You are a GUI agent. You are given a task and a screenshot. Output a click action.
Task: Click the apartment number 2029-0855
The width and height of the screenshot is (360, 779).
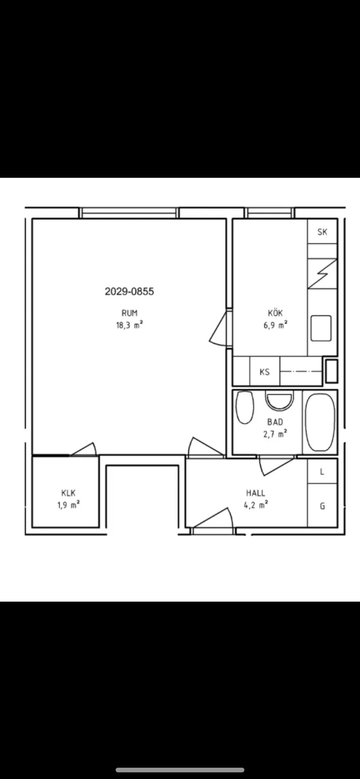click(x=129, y=291)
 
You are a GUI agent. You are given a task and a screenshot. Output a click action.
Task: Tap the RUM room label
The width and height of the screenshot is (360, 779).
click(x=130, y=313)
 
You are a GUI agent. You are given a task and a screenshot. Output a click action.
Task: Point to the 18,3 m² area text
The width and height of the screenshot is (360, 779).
click(x=130, y=325)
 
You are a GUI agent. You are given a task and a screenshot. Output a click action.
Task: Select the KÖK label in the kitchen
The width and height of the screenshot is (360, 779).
click(x=276, y=313)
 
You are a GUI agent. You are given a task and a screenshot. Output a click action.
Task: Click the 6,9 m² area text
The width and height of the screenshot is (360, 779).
click(x=275, y=325)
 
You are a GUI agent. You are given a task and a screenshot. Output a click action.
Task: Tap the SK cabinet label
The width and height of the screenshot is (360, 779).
click(x=322, y=232)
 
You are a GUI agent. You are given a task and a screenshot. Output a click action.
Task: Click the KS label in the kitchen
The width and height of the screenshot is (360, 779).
click(x=264, y=372)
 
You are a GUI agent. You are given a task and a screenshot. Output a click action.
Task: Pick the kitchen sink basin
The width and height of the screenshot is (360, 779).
click(x=321, y=328)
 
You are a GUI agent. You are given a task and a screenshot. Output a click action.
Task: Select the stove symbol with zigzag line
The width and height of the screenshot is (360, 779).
click(x=322, y=273)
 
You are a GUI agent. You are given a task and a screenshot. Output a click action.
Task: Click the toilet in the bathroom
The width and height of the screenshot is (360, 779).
click(x=244, y=407)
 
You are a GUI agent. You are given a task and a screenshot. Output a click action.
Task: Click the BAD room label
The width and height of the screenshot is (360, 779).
click(x=275, y=422)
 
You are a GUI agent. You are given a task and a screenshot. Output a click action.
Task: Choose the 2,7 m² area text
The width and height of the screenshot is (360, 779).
click(x=275, y=434)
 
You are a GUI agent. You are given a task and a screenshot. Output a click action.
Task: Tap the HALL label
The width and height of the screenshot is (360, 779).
click(x=256, y=493)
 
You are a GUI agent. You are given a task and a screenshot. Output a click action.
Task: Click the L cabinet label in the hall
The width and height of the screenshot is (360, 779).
click(x=322, y=472)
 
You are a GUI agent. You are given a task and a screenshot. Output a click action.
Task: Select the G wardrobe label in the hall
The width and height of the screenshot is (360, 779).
click(x=322, y=506)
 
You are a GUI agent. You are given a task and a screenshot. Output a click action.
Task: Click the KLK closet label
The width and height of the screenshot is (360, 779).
click(x=69, y=493)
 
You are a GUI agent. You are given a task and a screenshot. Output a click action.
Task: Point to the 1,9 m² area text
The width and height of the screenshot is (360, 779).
click(x=69, y=505)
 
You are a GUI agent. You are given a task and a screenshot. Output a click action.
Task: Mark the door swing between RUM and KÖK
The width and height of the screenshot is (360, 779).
click(x=219, y=329)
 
